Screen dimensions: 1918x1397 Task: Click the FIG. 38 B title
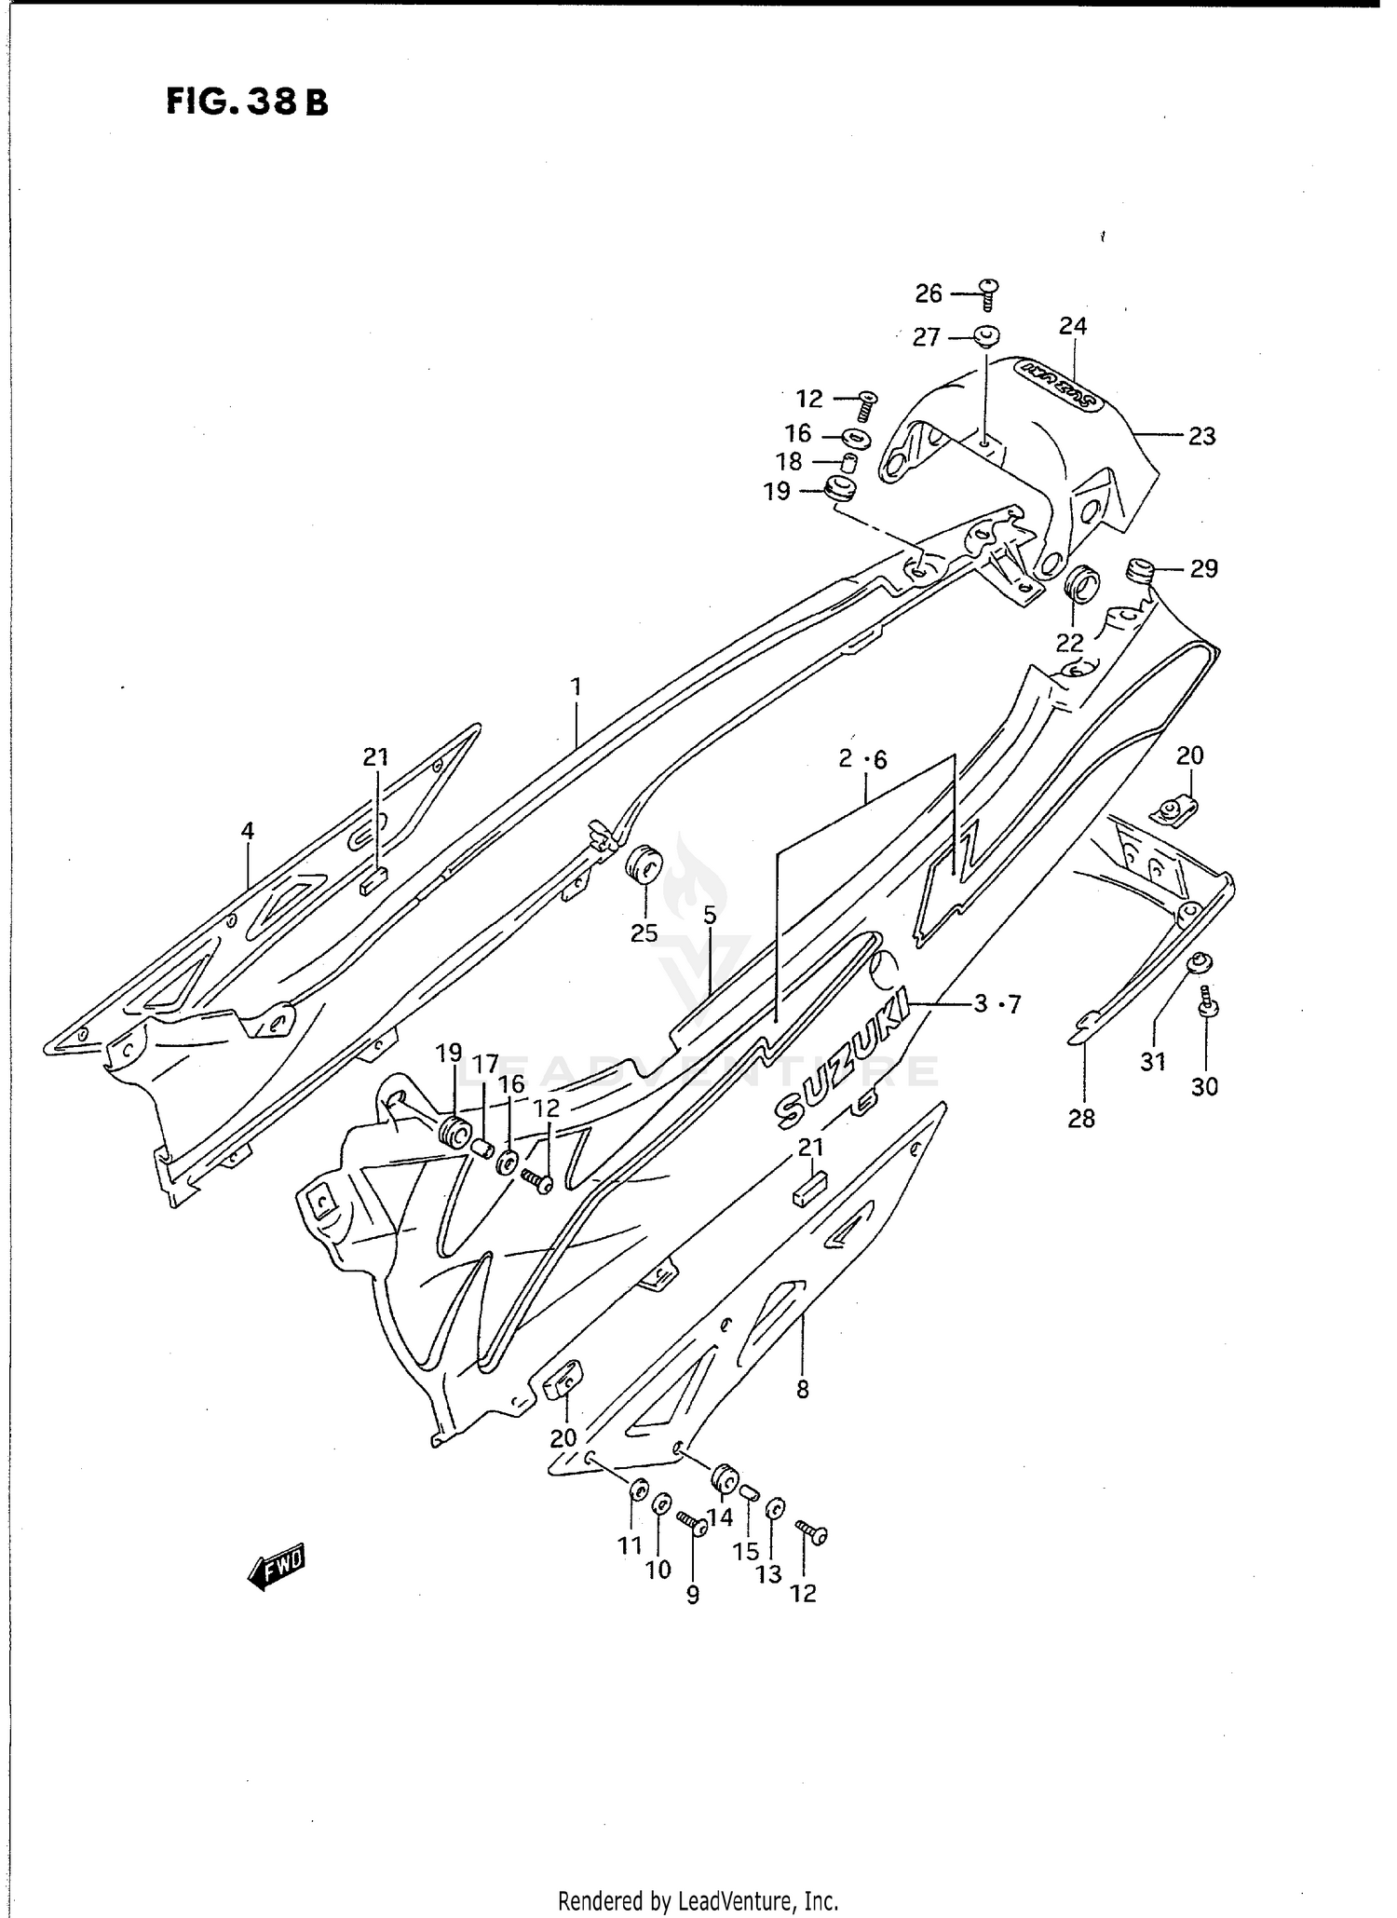pos(247,102)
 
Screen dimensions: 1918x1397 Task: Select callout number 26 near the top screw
pos(929,294)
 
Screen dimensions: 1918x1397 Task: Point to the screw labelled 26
pos(989,293)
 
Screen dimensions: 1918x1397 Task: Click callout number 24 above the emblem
pos(1073,326)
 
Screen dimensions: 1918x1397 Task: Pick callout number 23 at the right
pos(1201,436)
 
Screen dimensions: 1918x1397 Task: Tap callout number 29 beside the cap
pos(1203,568)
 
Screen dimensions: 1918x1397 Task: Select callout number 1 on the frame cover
pos(576,687)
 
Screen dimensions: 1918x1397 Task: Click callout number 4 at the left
pos(247,831)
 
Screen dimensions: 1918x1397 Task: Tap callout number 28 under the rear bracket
pos(1081,1119)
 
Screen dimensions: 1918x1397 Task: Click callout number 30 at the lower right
pos(1204,1086)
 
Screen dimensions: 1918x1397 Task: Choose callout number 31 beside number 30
pos(1153,1061)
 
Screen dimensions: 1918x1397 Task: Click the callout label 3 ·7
pos(997,1004)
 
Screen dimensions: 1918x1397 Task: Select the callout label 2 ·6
pos(862,759)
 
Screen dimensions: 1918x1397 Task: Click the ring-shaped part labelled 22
pos(1081,584)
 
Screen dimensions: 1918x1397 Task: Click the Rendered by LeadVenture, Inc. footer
pos(698,1900)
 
